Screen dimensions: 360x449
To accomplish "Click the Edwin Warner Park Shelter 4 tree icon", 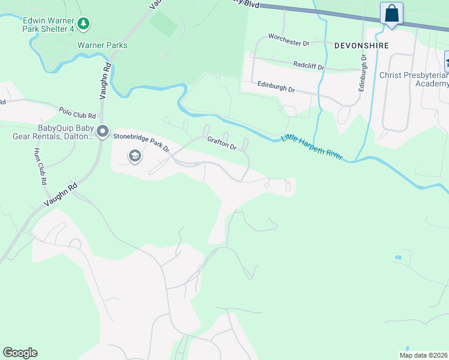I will (85, 24).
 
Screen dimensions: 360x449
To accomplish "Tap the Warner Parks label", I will (102, 45).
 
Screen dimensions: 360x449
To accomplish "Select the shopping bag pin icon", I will (391, 13).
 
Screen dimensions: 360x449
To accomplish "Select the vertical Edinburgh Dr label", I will (362, 73).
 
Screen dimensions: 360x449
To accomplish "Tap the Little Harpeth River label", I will (312, 146).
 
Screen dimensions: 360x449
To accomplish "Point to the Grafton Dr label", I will (223, 145).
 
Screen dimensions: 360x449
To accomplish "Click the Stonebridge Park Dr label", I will (142, 141).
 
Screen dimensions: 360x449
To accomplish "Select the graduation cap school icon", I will (134, 157).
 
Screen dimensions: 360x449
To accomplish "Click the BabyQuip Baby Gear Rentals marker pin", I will (103, 130).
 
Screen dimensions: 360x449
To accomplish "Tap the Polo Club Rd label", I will (77, 112).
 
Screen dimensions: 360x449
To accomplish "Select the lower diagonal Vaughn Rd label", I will (60, 197).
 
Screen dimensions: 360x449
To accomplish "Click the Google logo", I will (20, 353).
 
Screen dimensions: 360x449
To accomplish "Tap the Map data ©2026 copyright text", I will (423, 355).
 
